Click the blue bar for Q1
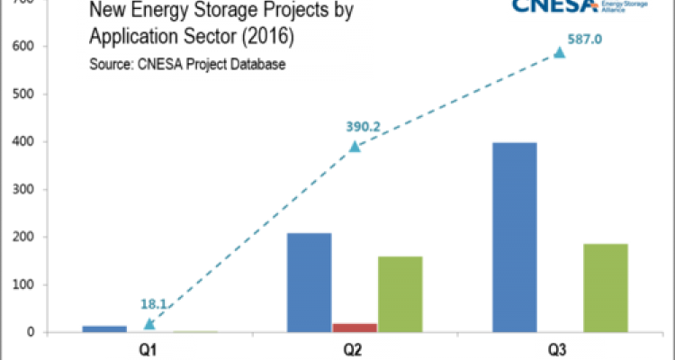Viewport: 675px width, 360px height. (104, 328)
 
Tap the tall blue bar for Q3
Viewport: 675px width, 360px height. (515, 236)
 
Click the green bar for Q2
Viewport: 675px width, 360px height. (400, 293)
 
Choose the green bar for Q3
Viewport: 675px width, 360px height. (605, 287)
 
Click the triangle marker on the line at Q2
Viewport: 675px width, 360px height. (355, 146)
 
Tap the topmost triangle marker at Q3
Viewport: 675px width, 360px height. (560, 53)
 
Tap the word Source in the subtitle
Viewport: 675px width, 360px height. (111, 65)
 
